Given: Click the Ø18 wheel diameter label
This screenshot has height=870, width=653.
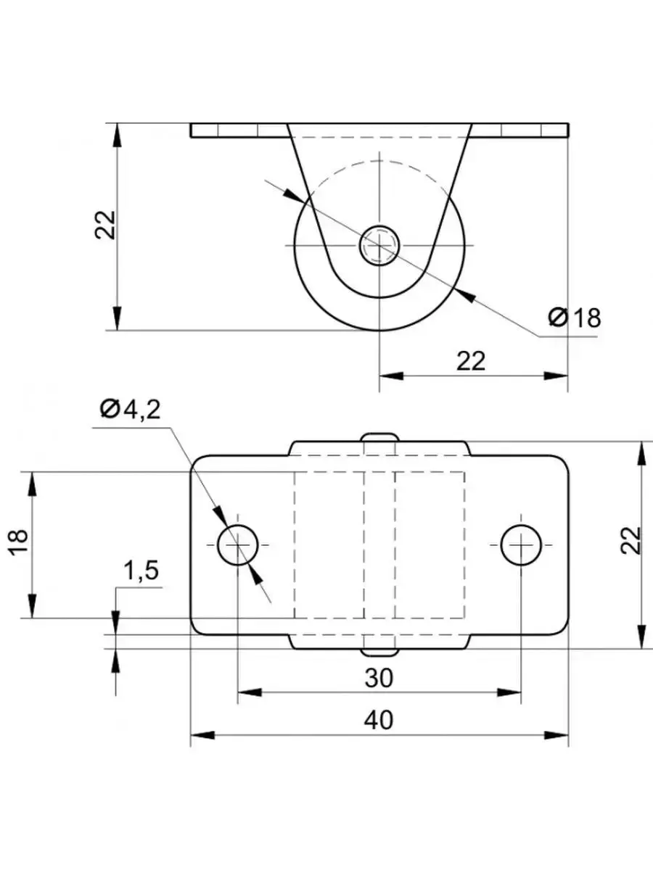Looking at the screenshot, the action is click(x=575, y=317).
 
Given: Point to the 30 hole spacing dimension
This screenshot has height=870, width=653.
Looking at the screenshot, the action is click(x=379, y=678).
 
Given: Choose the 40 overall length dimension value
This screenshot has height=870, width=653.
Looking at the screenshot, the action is click(x=379, y=720).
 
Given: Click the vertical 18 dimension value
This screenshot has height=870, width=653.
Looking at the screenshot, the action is click(x=20, y=542).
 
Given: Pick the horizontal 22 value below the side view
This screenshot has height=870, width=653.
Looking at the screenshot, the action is click(x=471, y=360).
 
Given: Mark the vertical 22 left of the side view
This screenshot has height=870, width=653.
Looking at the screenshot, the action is click(x=105, y=225).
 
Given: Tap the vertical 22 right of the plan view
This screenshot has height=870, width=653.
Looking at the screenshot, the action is click(x=632, y=540).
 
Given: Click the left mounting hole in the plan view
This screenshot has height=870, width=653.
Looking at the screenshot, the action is click(x=238, y=544).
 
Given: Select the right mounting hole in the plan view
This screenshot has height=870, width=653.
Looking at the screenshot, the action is click(x=520, y=544).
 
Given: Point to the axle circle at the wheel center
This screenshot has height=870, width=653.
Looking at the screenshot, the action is click(x=379, y=244).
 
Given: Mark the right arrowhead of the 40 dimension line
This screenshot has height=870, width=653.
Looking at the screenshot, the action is click(x=558, y=735).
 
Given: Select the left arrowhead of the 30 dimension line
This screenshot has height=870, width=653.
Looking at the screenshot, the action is click(x=248, y=692).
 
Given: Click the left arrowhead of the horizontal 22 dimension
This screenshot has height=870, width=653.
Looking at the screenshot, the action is click(x=390, y=376).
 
